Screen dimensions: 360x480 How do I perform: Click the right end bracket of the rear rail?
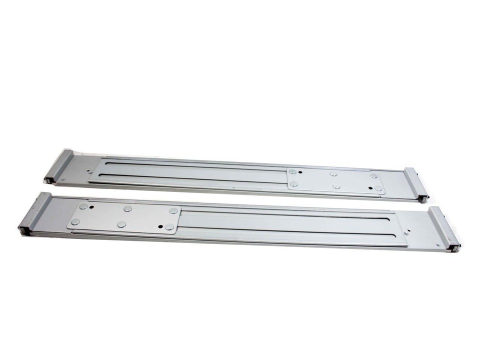coord(417,183)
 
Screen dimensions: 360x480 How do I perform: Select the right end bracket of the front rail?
coord(444,228)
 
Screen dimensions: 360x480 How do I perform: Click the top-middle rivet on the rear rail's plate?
coord(333,174)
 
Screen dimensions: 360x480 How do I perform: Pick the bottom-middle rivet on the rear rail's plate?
coord(336,186)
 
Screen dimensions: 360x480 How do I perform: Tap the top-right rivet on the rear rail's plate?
coord(373,175)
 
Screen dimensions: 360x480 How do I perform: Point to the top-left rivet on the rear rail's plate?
coord(293,172)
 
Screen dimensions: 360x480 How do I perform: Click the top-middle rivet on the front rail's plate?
coord(128,208)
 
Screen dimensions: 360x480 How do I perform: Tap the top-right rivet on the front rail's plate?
coord(173,211)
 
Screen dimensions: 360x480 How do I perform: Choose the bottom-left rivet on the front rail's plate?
coord(75,221)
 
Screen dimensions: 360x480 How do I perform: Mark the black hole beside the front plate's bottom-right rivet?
coord(160,226)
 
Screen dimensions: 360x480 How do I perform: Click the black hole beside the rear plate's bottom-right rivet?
coord(370,188)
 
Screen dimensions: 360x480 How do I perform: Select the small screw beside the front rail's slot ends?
coord(405,233)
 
